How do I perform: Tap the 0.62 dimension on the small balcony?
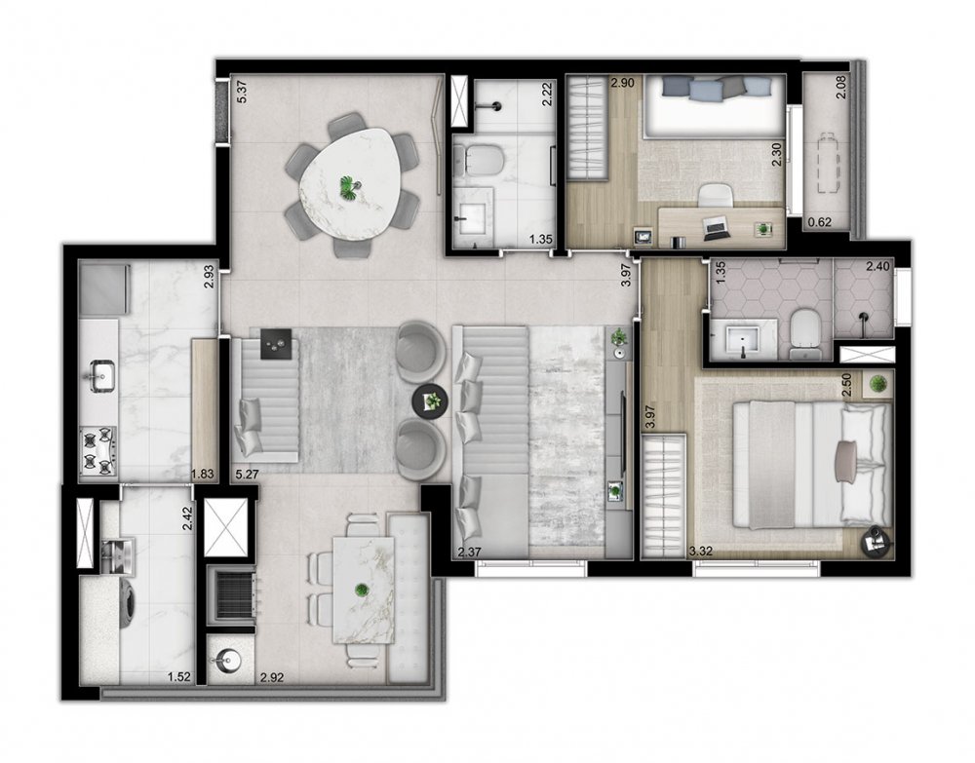click(819, 223)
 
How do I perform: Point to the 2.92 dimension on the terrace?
click(272, 677)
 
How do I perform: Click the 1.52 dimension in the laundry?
click(178, 677)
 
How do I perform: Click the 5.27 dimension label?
click(247, 475)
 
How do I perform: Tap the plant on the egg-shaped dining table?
click(349, 187)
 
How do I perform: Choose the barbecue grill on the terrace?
click(233, 595)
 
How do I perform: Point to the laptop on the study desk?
click(718, 227)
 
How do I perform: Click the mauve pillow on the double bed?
click(847, 460)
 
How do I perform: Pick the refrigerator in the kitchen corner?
click(104, 288)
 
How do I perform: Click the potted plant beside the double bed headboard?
click(878, 384)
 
